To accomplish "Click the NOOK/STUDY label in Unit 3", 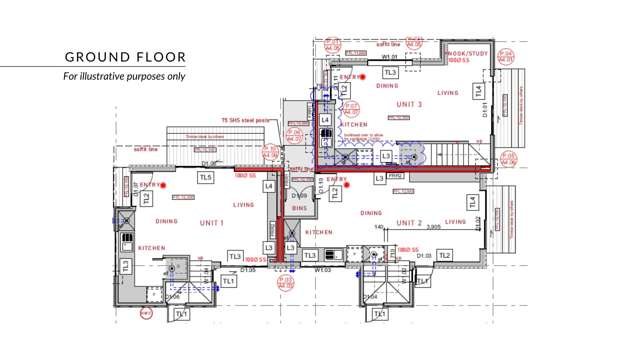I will (x=468, y=52).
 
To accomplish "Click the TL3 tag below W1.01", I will (x=391, y=72).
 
